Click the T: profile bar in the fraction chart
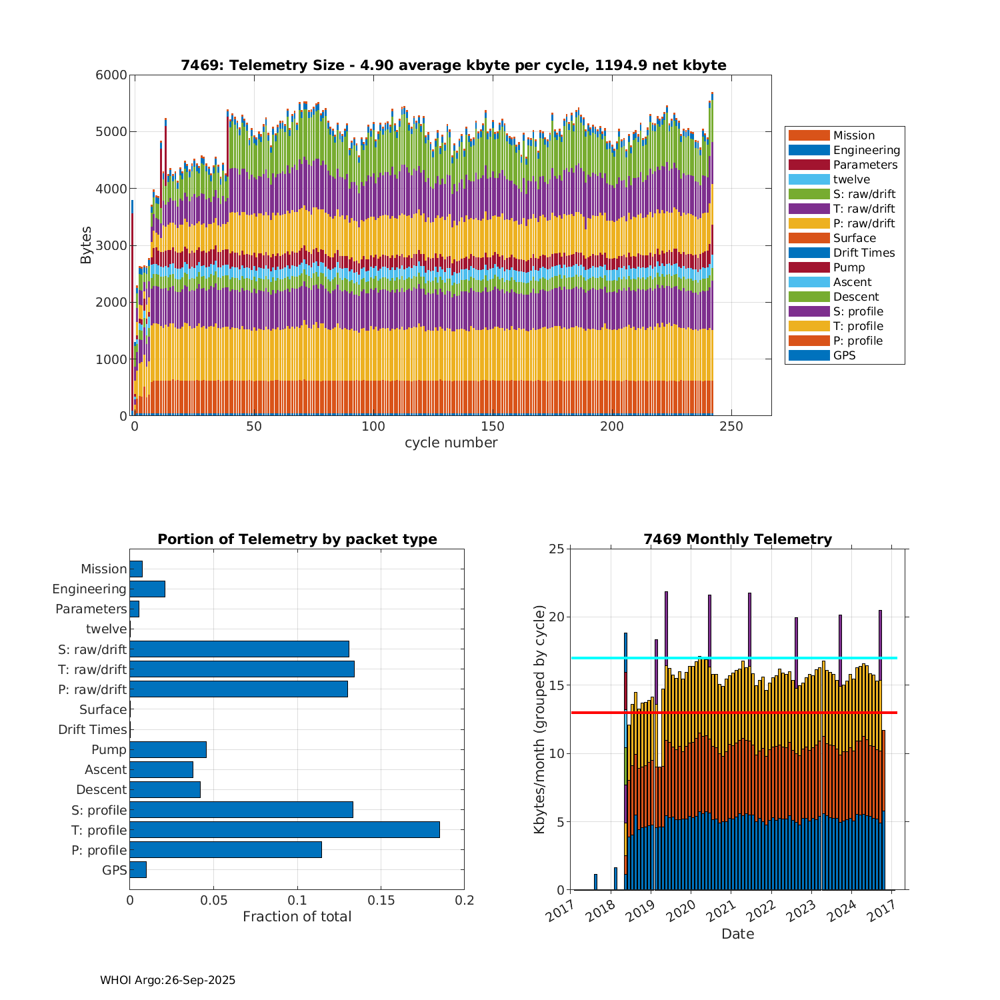285,830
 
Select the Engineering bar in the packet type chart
147,589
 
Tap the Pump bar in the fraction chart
168,749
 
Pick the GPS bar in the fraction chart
138,870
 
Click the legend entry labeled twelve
851,179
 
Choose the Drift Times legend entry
863,253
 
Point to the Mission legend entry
853,135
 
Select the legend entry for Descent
855,297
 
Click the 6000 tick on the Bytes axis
111,75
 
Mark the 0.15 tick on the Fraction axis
381,901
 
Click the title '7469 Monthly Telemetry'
737,539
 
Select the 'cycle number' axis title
451,443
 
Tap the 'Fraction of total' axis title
297,917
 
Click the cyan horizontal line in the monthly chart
733,658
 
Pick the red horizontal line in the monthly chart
733,713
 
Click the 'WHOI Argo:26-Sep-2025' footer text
167,980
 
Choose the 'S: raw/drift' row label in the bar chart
92,649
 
